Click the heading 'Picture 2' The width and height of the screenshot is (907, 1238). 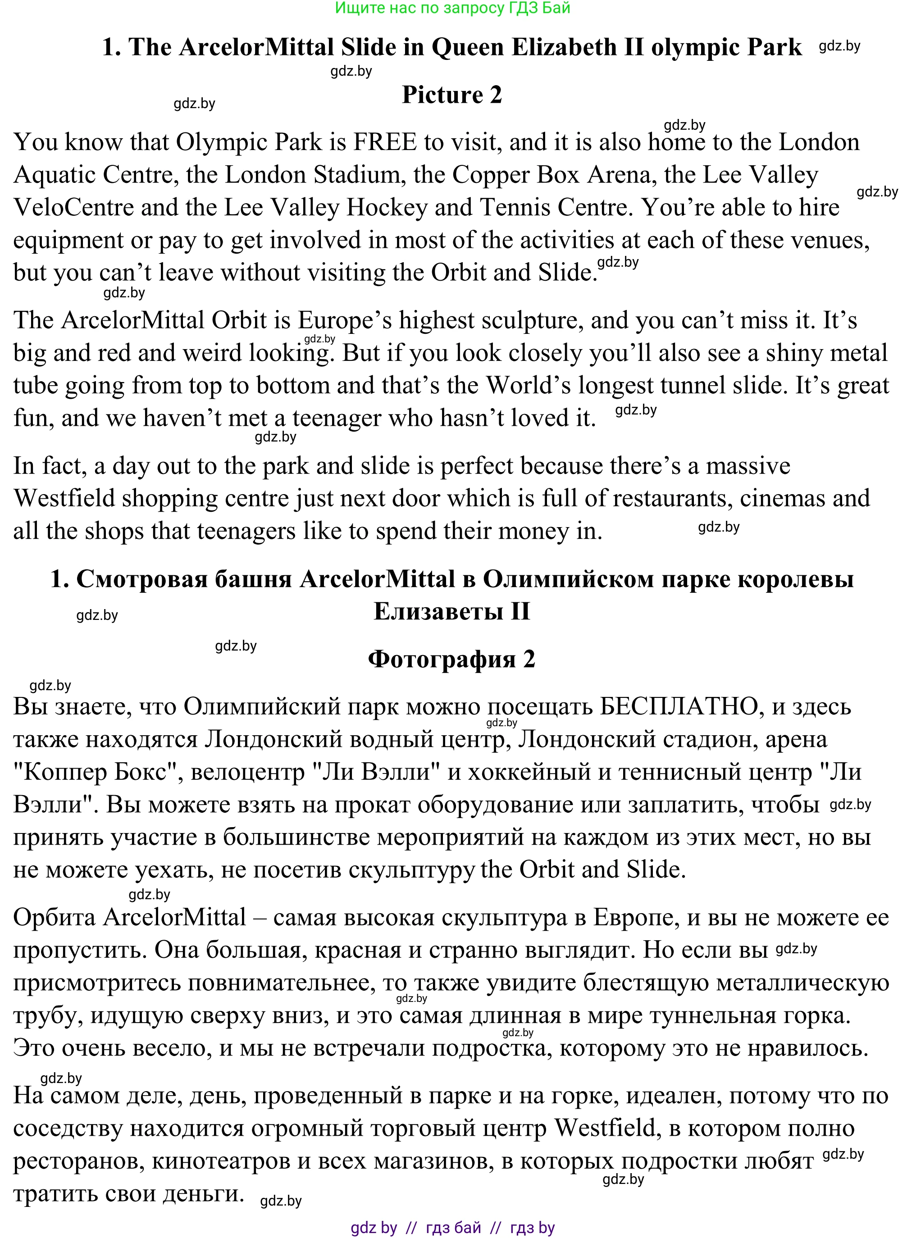point(452,95)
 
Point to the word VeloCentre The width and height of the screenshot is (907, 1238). point(73,208)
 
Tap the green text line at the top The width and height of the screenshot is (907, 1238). point(452,8)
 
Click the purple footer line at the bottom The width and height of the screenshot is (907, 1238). point(452,1228)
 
